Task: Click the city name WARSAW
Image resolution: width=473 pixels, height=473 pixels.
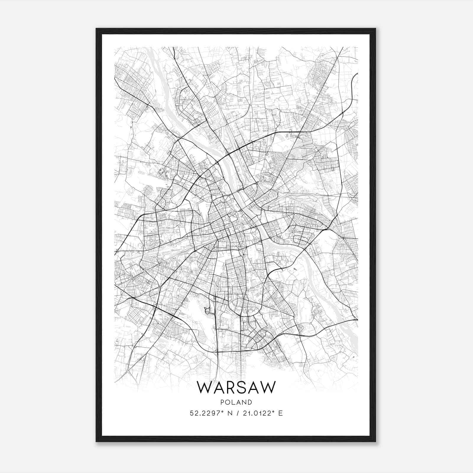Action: coord(236,387)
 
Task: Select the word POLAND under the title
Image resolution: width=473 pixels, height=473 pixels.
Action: coord(236,402)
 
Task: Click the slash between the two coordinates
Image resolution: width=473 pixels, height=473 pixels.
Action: coord(237,413)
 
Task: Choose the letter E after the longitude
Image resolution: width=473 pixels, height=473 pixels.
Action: coord(281,413)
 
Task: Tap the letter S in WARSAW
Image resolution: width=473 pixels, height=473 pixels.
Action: coord(241,387)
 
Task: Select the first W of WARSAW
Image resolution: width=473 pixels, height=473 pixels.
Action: coord(203,387)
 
